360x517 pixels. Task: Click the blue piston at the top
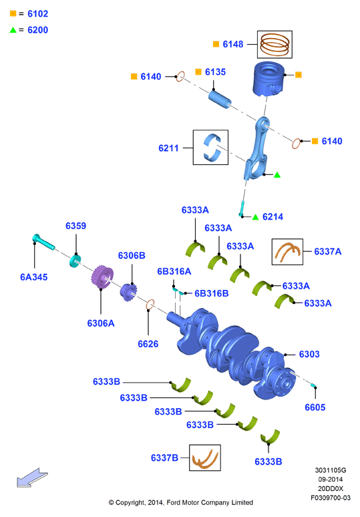[268, 78]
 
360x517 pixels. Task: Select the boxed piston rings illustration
[275, 45]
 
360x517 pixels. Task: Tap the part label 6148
[232, 44]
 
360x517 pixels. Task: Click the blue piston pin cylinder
[220, 99]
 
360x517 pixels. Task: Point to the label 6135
[215, 72]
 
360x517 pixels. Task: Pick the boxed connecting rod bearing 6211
[210, 147]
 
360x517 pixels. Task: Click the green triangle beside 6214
[255, 217]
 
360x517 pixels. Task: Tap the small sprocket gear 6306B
[128, 292]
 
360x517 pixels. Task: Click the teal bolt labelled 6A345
[43, 242]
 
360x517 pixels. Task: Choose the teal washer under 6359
[75, 261]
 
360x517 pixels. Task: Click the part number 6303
[309, 354]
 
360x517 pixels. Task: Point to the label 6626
[148, 344]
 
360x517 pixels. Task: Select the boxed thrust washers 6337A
[287, 252]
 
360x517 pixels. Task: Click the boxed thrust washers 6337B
[205, 458]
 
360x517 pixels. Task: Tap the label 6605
[315, 407]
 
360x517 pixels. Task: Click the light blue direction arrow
[32, 478]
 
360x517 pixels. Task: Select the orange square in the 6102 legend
[13, 13]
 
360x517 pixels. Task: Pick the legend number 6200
[38, 30]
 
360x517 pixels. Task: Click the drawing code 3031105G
[331, 470]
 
